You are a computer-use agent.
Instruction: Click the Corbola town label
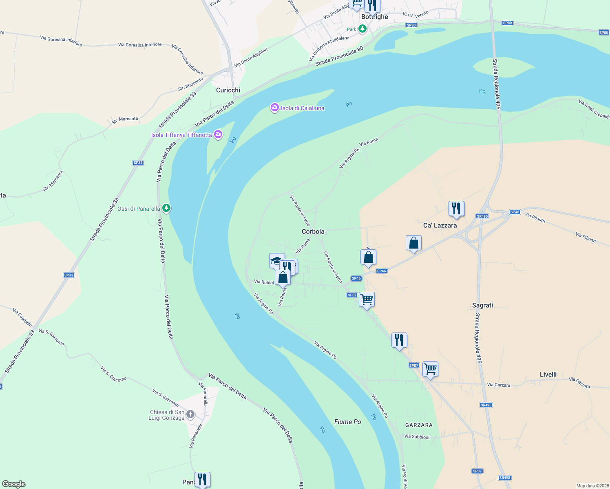coord(313,231)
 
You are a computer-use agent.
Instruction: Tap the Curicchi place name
coord(228,90)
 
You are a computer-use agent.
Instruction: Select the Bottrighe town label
coord(375,17)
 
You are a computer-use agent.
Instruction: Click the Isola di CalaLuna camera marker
coord(275,108)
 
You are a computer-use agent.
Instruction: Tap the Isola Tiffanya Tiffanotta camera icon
coord(218,134)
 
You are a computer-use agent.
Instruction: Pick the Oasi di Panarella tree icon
coord(166,208)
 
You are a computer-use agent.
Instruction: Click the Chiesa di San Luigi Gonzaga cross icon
coord(190,415)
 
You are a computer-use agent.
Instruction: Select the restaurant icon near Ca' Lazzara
coord(456,209)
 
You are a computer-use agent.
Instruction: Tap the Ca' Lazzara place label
coord(440,225)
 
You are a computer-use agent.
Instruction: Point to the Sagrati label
coord(482,305)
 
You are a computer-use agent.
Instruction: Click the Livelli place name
coord(548,374)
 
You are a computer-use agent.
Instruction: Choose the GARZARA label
coord(419,425)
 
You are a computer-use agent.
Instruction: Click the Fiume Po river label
coord(348,422)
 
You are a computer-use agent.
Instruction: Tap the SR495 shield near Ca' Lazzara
coord(482,216)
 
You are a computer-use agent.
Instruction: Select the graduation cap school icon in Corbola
coord(276,260)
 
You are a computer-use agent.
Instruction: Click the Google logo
coord(14,484)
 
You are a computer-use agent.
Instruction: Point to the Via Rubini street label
coord(264,282)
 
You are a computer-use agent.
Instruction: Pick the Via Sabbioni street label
coord(417,437)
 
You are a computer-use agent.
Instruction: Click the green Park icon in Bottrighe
coord(362,29)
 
